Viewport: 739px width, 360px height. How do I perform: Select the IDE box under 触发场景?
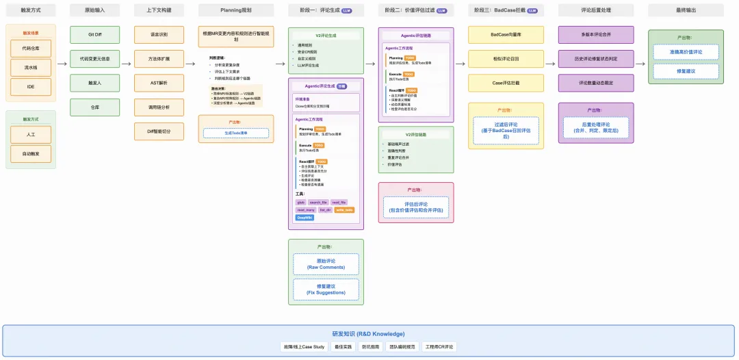[x=31, y=87]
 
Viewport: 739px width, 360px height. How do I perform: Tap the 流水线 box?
[x=31, y=68]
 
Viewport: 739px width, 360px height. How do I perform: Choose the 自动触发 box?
[x=31, y=154]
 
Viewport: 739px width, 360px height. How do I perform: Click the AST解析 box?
[x=159, y=83]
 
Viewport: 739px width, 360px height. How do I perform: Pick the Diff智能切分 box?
[x=159, y=131]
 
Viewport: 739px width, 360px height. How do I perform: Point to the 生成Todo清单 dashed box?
[x=235, y=134]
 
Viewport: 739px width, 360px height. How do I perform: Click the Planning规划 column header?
[x=235, y=10]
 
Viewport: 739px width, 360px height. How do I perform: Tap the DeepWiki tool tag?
[x=304, y=218]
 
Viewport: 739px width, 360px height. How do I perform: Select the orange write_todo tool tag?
[x=344, y=210]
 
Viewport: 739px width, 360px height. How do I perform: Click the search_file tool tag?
[x=319, y=203]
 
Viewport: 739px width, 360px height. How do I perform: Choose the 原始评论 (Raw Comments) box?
[x=326, y=264]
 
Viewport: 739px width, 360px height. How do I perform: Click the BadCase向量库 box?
[x=506, y=35]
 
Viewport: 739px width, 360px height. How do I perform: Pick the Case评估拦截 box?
[x=506, y=83]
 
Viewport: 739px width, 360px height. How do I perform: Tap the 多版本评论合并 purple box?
[x=596, y=35]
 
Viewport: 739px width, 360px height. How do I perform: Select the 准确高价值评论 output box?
[x=685, y=51]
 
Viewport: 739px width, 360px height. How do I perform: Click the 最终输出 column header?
[x=685, y=10]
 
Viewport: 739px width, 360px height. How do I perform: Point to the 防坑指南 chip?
[x=372, y=347]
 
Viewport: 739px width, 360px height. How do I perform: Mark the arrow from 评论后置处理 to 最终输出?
[x=640, y=63]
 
